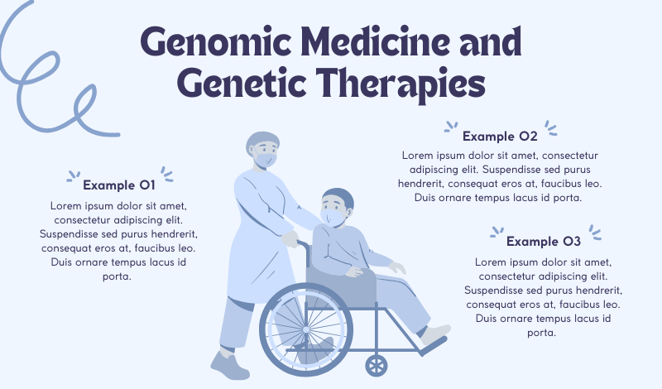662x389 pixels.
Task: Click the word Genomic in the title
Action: click(216, 43)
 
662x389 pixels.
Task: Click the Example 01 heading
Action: click(119, 185)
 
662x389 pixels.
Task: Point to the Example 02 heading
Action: click(500, 136)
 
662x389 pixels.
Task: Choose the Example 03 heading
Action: click(544, 241)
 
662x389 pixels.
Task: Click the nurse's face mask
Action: click(266, 160)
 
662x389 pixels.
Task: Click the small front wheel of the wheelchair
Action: click(377, 365)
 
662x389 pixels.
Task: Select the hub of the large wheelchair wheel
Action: click(306, 329)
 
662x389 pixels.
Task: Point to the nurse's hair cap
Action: click(261, 141)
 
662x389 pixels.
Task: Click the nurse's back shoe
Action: click(230, 364)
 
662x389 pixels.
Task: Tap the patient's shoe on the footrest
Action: click(435, 334)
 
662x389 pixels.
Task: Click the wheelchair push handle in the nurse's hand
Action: click(303, 244)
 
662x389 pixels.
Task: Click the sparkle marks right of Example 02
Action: click(550, 128)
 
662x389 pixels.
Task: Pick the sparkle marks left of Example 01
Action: click(73, 176)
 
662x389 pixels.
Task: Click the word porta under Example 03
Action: click(542, 333)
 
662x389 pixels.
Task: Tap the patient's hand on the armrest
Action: click(354, 271)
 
